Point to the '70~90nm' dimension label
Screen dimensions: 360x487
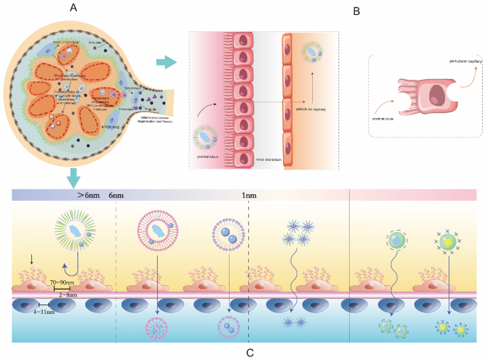click(x=64, y=282)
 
